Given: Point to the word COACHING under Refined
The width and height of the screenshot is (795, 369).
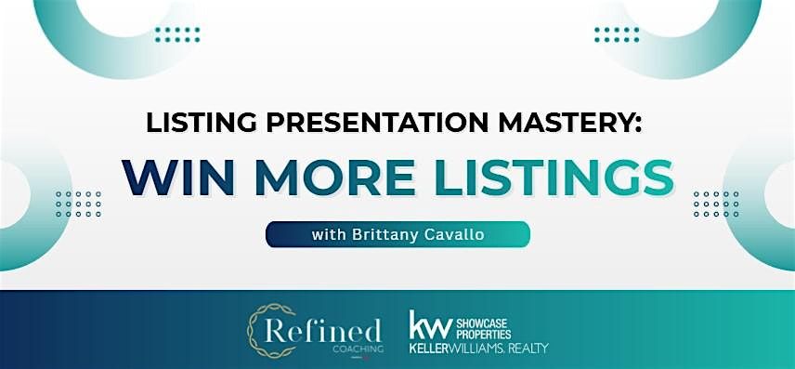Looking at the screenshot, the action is (358, 349).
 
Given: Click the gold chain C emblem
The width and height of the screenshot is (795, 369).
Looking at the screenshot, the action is (265, 330).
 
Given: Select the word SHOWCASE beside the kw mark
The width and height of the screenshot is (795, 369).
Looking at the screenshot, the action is (484, 323).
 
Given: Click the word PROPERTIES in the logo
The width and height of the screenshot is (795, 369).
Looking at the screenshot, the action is (484, 335).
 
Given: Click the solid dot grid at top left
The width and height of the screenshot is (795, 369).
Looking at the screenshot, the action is (177, 34).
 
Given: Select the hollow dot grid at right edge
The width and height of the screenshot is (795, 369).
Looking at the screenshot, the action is (716, 204).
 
